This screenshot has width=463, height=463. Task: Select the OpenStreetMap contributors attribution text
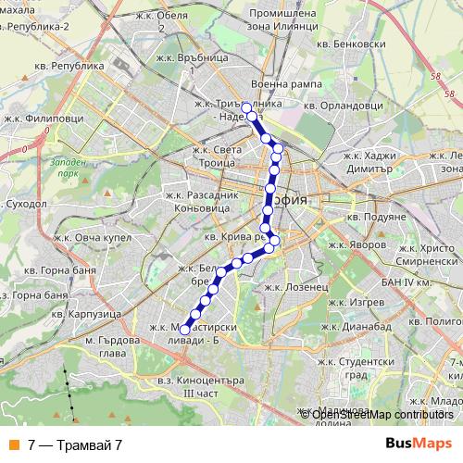[383, 416]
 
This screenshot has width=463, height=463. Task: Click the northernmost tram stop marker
[247, 106]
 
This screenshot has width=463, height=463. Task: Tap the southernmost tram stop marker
[184, 329]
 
